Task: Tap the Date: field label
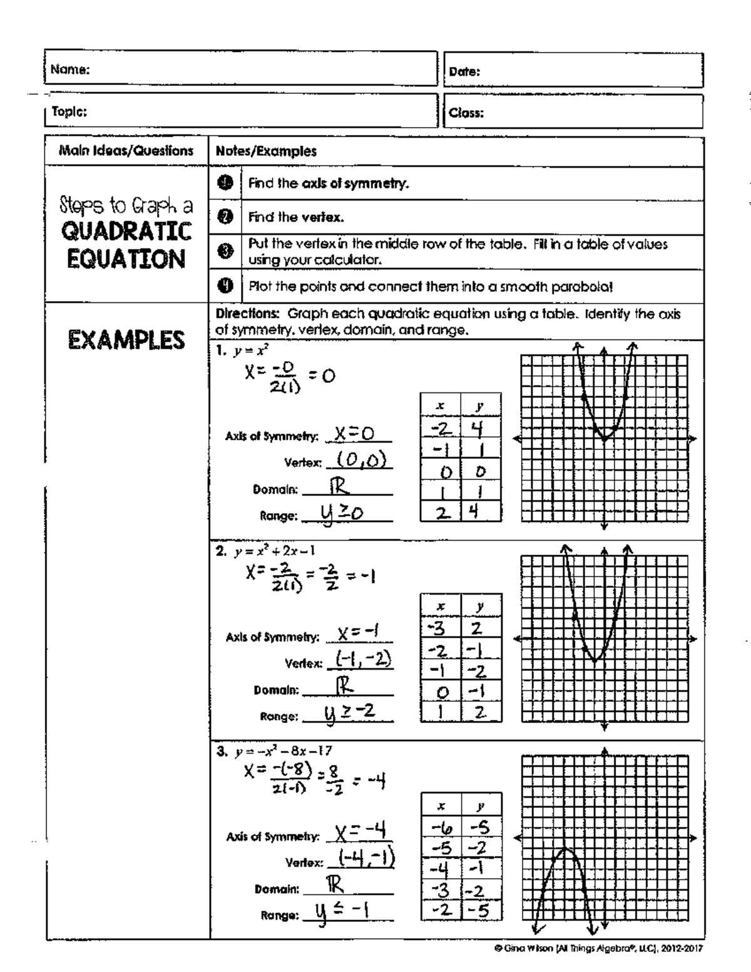[x=464, y=71]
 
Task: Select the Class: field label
[x=466, y=113]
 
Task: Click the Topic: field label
[x=69, y=111]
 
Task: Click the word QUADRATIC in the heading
[x=126, y=232]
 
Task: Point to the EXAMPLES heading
[x=126, y=340]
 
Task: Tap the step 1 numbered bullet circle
[x=225, y=183]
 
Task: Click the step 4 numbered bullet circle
[x=225, y=286]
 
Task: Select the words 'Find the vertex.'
[x=296, y=217]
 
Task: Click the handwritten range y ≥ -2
[x=349, y=713]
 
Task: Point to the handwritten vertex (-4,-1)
[x=366, y=858]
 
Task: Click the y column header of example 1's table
[x=480, y=406]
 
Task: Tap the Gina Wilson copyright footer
[x=598, y=948]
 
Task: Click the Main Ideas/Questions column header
[x=126, y=151]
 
